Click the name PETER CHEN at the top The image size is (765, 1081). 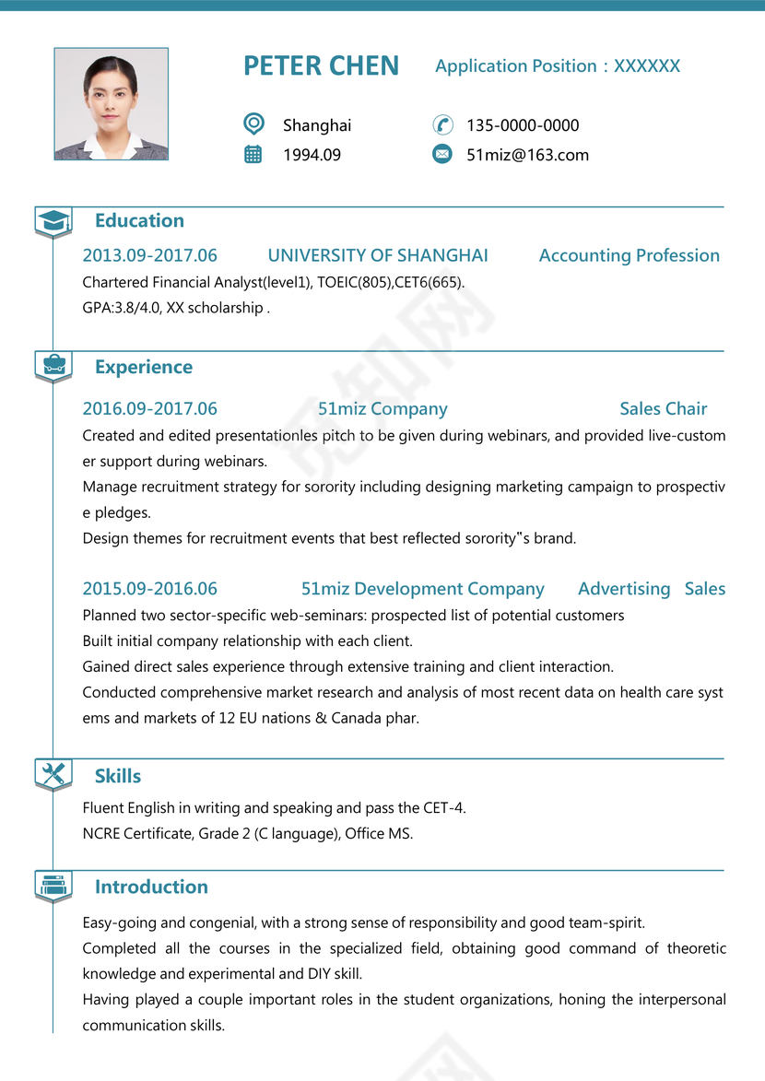pos(321,66)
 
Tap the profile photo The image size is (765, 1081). pos(112,104)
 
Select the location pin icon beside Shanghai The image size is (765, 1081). pos(253,123)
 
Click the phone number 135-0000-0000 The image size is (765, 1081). pos(523,125)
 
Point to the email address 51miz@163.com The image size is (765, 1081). pos(527,155)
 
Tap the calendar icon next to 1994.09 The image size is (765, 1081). pos(253,154)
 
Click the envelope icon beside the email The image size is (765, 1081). pos(442,154)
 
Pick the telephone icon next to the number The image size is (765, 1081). pos(442,124)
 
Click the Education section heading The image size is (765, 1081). pos(139,220)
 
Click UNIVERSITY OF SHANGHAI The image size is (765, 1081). pos(378,255)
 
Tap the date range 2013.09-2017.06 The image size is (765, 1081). pos(149,255)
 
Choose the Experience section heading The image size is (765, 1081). pos(144,367)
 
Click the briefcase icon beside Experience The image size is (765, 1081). pos(53,365)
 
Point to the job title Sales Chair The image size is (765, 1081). pos(664,408)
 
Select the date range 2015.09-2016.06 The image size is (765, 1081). pos(149,589)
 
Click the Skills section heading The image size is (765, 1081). pos(118,776)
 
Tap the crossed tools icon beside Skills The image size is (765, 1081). pos(53,774)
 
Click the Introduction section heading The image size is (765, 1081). pos(151,887)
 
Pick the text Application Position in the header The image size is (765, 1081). pos(516,66)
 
